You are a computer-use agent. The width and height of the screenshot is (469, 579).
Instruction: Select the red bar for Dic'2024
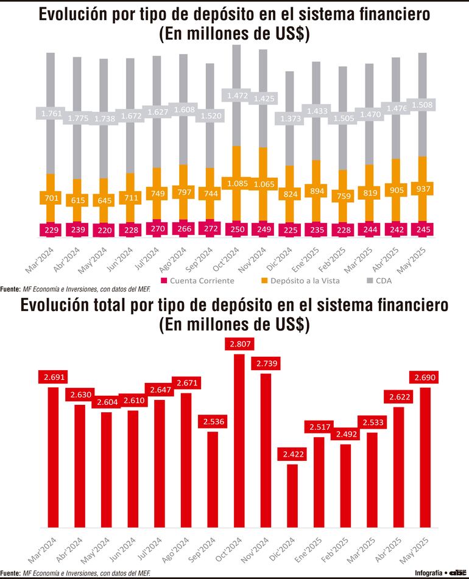[x=292, y=496]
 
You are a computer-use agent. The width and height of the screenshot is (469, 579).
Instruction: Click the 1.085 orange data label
[x=236, y=183]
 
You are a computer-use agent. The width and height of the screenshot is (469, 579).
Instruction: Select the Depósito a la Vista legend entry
[x=293, y=281]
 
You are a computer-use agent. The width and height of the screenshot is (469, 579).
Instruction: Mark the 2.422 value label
[x=293, y=453]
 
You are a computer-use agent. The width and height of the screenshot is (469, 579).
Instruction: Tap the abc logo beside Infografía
[x=457, y=573]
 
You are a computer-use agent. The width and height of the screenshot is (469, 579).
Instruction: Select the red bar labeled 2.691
[x=52, y=457]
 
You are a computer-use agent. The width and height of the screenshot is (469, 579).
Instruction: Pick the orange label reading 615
[x=77, y=200]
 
